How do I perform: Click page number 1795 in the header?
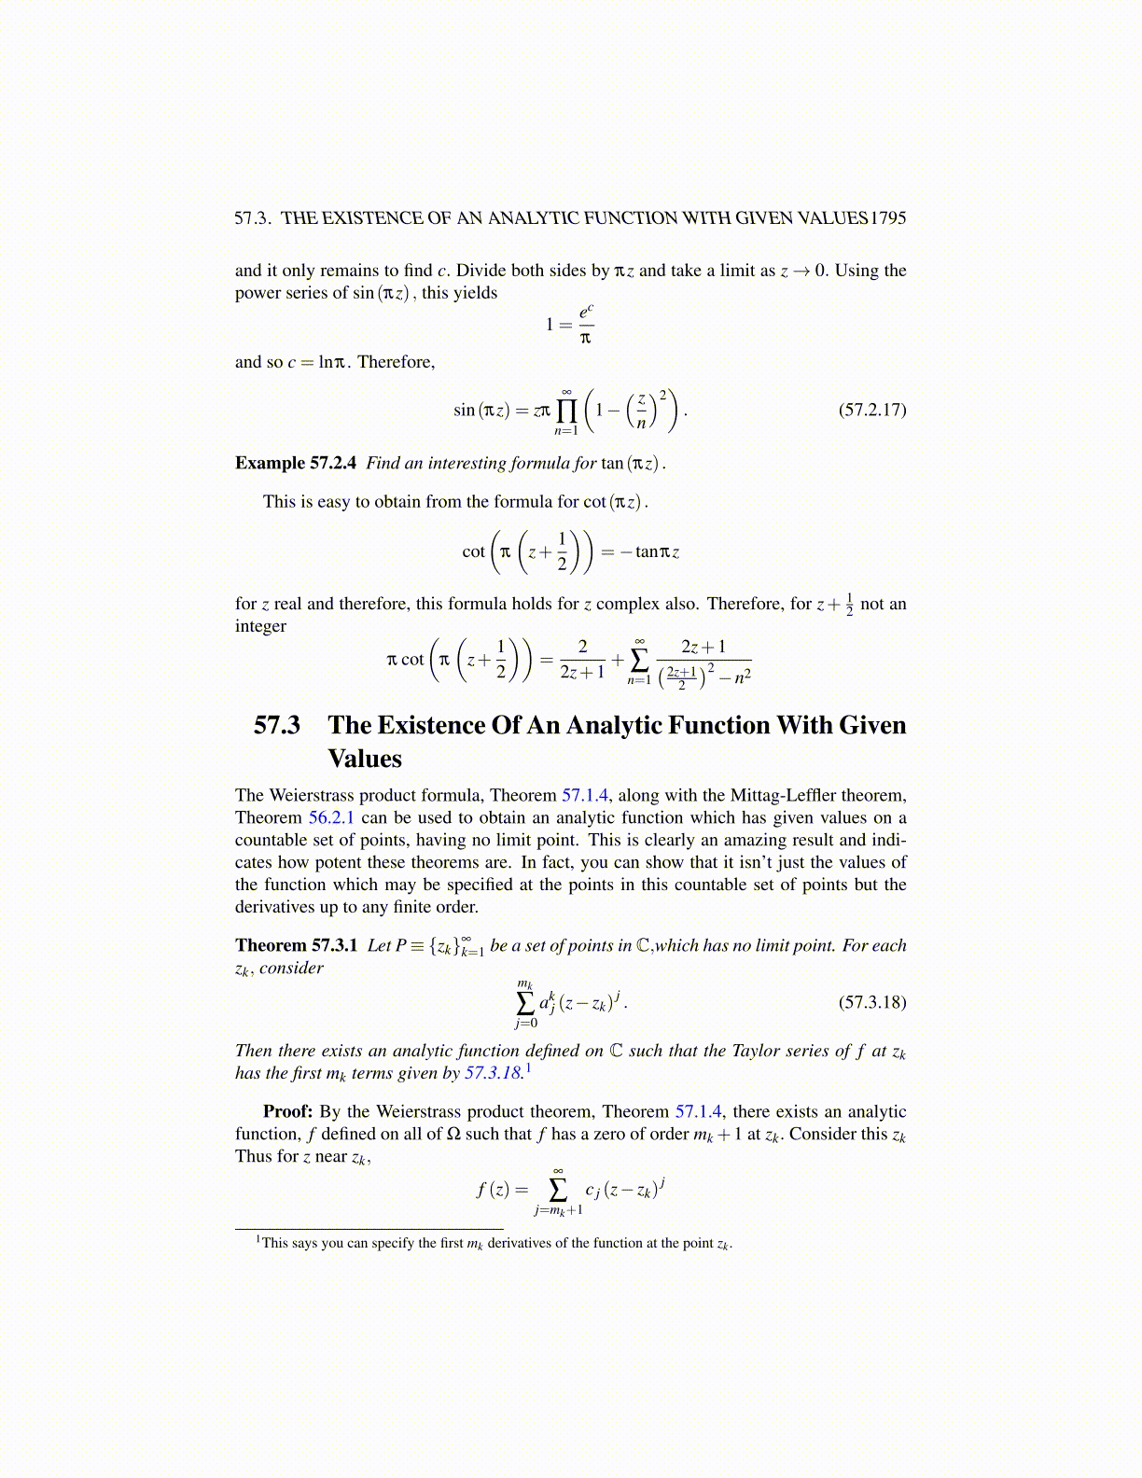pos(888,218)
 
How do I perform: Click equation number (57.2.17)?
pos(872,410)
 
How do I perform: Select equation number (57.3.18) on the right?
pos(872,1003)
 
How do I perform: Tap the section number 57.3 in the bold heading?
pos(277,725)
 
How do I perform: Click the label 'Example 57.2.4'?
pos(296,463)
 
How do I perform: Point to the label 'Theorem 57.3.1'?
pos(296,945)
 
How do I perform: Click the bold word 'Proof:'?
pos(287,1111)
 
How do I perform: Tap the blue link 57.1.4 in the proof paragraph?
pos(698,1111)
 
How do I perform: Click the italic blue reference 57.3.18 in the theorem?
pos(493,1073)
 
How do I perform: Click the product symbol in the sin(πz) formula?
pos(566,411)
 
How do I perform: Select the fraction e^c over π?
pos(586,324)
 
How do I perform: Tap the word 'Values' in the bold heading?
pos(365,759)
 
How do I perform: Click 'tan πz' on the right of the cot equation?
pos(657,551)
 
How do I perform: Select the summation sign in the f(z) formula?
pos(558,1190)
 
